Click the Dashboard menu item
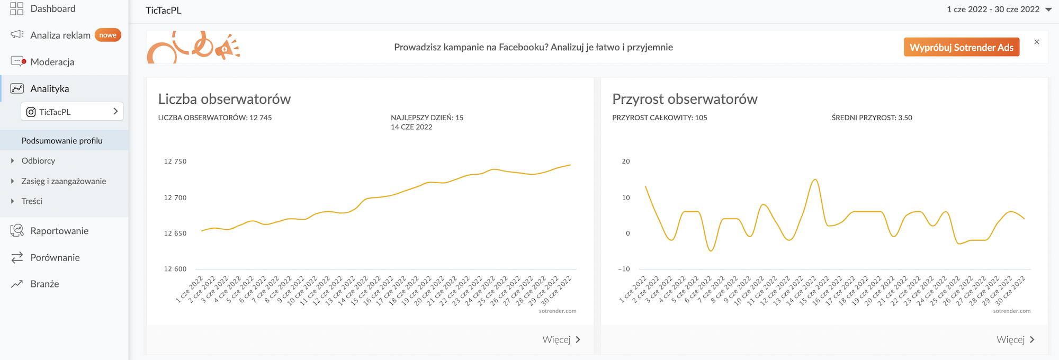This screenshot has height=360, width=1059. click(x=52, y=8)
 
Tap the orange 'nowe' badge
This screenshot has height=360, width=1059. click(x=107, y=35)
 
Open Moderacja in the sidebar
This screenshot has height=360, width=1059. click(x=52, y=62)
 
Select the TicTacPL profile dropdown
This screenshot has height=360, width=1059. click(x=72, y=112)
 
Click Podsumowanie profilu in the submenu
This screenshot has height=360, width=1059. click(x=62, y=141)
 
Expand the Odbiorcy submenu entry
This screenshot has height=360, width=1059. click(x=38, y=161)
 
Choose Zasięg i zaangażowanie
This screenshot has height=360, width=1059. click(x=64, y=181)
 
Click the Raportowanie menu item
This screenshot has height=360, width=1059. click(x=59, y=231)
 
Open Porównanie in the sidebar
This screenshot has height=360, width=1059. click(x=55, y=258)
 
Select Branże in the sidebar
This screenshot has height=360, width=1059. click(x=44, y=284)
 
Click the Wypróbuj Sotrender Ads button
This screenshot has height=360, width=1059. click(x=961, y=47)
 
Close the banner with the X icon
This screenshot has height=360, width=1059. click(x=1037, y=42)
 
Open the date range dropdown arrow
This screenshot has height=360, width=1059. click(x=1048, y=10)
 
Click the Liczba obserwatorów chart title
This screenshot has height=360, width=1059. click(x=225, y=99)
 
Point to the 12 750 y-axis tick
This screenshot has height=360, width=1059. click(x=175, y=161)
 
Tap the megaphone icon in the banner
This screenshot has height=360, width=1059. click(x=227, y=48)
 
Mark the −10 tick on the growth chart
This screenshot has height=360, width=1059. click(x=624, y=269)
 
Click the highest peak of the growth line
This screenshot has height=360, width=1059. click(x=815, y=180)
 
